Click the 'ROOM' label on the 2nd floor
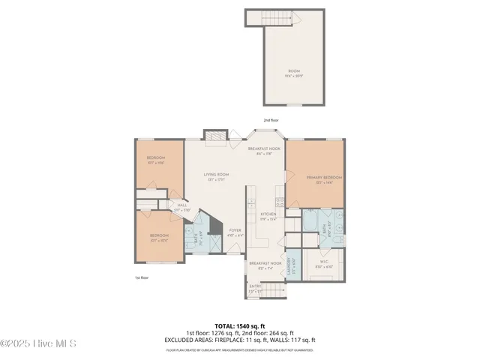(x=293, y=71)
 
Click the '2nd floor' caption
(x=270, y=120)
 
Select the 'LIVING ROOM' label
(x=216, y=175)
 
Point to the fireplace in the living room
(x=215, y=136)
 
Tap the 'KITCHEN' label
(x=268, y=214)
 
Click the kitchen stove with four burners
(x=279, y=201)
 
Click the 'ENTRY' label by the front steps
(x=256, y=285)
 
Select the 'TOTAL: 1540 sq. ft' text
(x=239, y=326)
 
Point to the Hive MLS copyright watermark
(x=39, y=344)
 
